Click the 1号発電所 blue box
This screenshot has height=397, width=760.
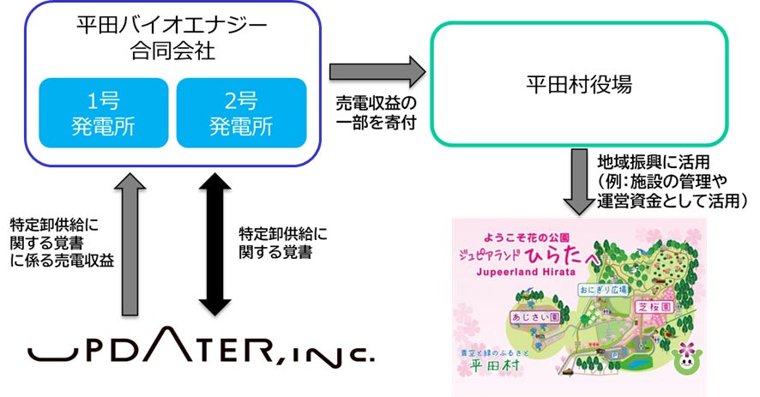pos(103,112)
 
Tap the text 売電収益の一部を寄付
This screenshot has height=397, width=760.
pos(377,112)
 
